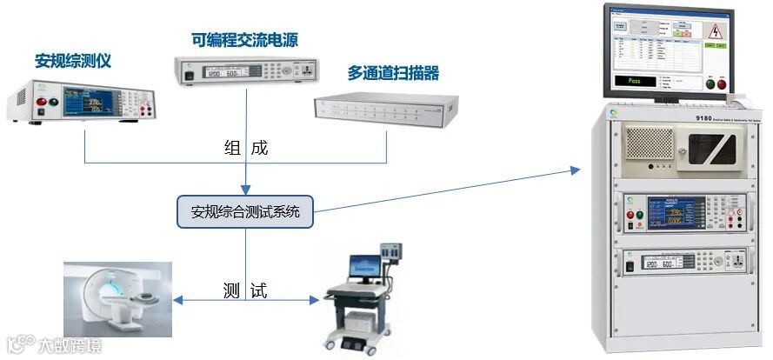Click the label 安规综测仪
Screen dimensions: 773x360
[x=73, y=62]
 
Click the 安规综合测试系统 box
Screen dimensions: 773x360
[x=244, y=211]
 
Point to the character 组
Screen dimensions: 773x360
[x=230, y=148]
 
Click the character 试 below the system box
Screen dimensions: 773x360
[x=258, y=290]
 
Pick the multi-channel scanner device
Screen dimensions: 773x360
[x=383, y=109]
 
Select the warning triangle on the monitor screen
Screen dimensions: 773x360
[x=716, y=32]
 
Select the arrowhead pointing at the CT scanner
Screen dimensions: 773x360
[x=177, y=301]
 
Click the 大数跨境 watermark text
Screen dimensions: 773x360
[x=69, y=345]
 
